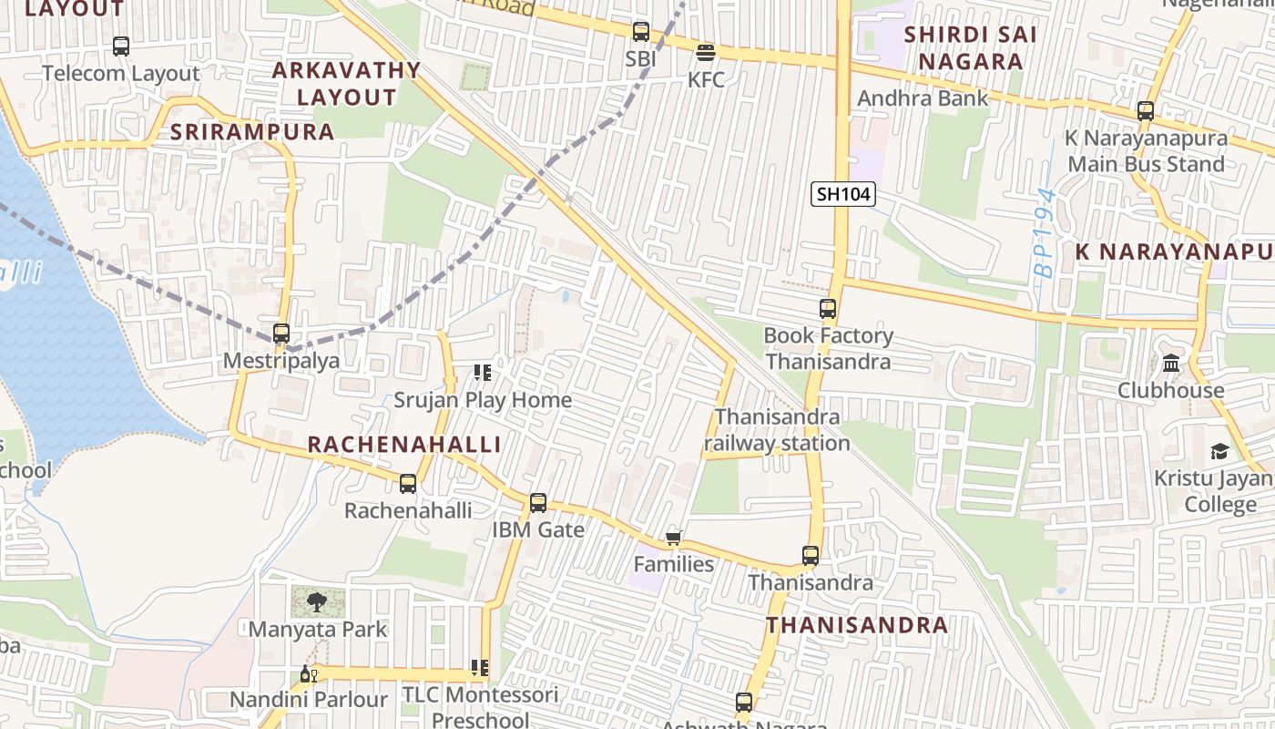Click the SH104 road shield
click(843, 194)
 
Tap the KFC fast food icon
click(706, 53)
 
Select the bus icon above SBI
click(641, 32)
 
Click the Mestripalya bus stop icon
click(281, 334)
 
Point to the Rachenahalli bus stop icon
click(408, 484)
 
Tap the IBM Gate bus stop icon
click(538, 503)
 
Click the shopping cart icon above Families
click(674, 538)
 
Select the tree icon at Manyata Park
click(317, 601)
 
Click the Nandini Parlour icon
click(308, 674)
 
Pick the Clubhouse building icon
click(1171, 364)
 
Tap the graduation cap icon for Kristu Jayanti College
click(1219, 451)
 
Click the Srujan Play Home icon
click(482, 373)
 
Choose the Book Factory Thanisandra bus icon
click(828, 309)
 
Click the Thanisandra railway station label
click(777, 430)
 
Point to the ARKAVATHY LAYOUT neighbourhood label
click(347, 83)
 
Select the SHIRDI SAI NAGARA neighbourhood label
click(970, 48)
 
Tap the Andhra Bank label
click(923, 98)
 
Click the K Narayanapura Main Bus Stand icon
click(1146, 112)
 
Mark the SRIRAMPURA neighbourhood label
click(252, 131)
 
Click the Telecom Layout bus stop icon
click(121, 46)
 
